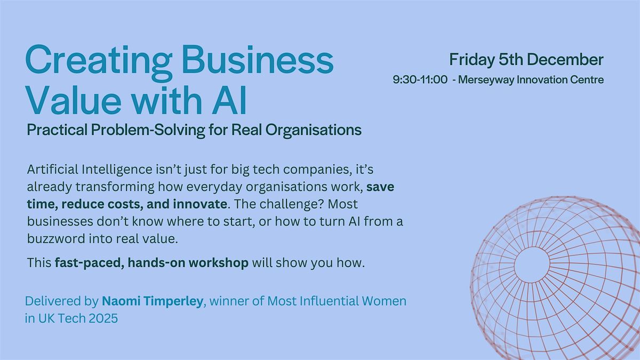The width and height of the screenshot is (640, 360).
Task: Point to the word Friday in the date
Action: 472,59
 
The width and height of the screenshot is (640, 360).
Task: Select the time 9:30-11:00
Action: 420,80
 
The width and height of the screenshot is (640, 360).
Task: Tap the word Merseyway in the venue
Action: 486,80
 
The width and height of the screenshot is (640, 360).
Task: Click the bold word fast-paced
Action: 87,263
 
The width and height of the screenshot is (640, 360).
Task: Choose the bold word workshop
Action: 220,263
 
